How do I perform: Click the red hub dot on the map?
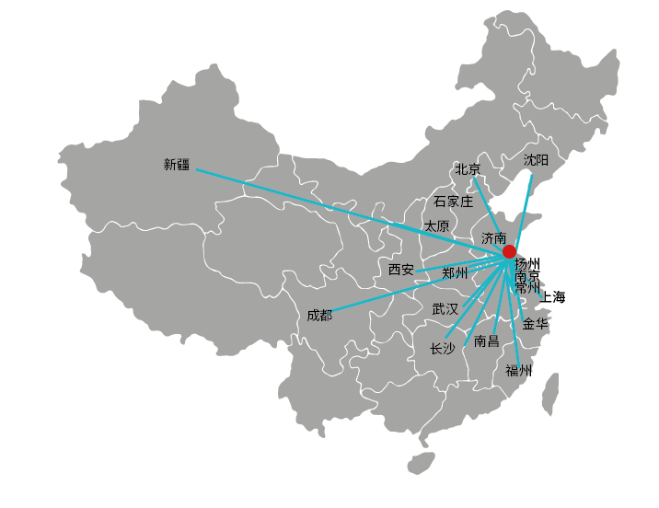[x=509, y=251]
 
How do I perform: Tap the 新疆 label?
[x=177, y=165]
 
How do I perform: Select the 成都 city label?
[x=319, y=315]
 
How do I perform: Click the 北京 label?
[x=468, y=169]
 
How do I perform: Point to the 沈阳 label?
[x=536, y=160]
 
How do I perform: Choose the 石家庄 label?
[x=454, y=202]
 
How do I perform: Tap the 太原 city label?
[x=436, y=226]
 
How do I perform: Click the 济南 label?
[x=493, y=238]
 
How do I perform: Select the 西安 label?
[x=401, y=270]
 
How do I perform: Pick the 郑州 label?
[x=455, y=273]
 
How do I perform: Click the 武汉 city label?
[x=445, y=309]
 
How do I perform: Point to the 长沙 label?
[x=442, y=349]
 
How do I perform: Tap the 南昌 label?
[x=487, y=341]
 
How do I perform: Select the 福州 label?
[x=518, y=371]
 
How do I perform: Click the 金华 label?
[x=536, y=324]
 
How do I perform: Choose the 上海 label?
[x=552, y=297]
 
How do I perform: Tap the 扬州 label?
[x=527, y=264]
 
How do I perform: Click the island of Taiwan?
[x=550, y=394]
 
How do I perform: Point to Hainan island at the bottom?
[x=421, y=463]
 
